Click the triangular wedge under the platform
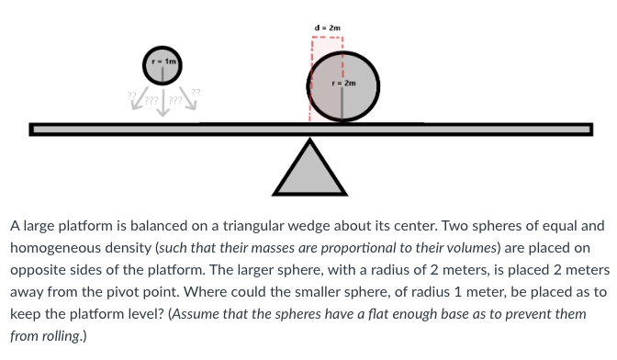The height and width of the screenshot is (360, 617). [x=310, y=170]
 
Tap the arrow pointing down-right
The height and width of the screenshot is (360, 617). [x=189, y=98]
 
